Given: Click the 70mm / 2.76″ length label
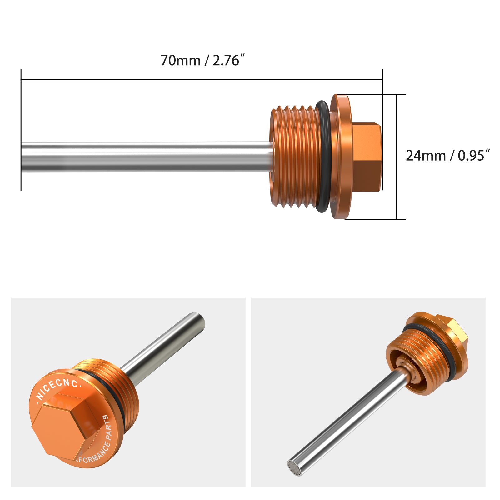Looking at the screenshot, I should click(x=202, y=60).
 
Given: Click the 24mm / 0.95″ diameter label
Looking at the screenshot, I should click(x=447, y=156).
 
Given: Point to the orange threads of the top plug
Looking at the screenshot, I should click(x=295, y=156).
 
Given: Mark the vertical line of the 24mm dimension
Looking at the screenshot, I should click(x=396, y=156).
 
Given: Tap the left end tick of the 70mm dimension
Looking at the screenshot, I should click(x=21, y=125).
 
